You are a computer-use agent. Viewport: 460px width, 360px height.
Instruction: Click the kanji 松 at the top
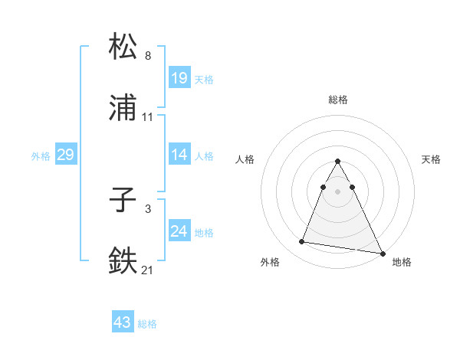pyautogui.click(x=123, y=47)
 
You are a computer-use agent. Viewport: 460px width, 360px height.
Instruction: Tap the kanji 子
pyautogui.click(x=123, y=201)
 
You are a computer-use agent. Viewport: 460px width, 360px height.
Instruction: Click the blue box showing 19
pyautogui.click(x=179, y=77)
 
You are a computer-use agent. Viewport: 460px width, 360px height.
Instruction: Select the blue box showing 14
pyautogui.click(x=179, y=155)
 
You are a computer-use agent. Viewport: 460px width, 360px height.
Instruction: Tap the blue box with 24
pyautogui.click(x=179, y=231)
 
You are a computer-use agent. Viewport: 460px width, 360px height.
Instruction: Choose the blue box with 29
pyautogui.click(x=65, y=155)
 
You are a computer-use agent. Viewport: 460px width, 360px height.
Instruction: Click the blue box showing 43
pyautogui.click(x=122, y=322)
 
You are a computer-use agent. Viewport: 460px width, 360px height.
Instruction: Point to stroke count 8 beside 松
pyautogui.click(x=148, y=56)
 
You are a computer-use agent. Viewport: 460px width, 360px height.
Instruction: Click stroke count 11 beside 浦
pyautogui.click(x=148, y=117)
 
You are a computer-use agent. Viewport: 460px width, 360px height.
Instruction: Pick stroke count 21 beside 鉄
pyautogui.click(x=148, y=270)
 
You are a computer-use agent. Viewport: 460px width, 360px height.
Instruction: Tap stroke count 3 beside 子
pyautogui.click(x=148, y=208)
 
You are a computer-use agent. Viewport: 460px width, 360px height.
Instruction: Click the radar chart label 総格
pyautogui.click(x=337, y=100)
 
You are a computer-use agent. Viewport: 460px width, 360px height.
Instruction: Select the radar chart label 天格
pyautogui.click(x=431, y=159)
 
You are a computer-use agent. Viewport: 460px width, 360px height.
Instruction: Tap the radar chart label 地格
pyautogui.click(x=402, y=262)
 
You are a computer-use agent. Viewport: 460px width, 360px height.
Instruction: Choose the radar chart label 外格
pyautogui.click(x=270, y=262)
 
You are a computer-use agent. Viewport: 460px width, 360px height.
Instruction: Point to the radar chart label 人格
pyautogui.click(x=246, y=159)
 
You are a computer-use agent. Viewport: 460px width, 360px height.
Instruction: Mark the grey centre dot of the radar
pyautogui.click(x=337, y=191)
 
